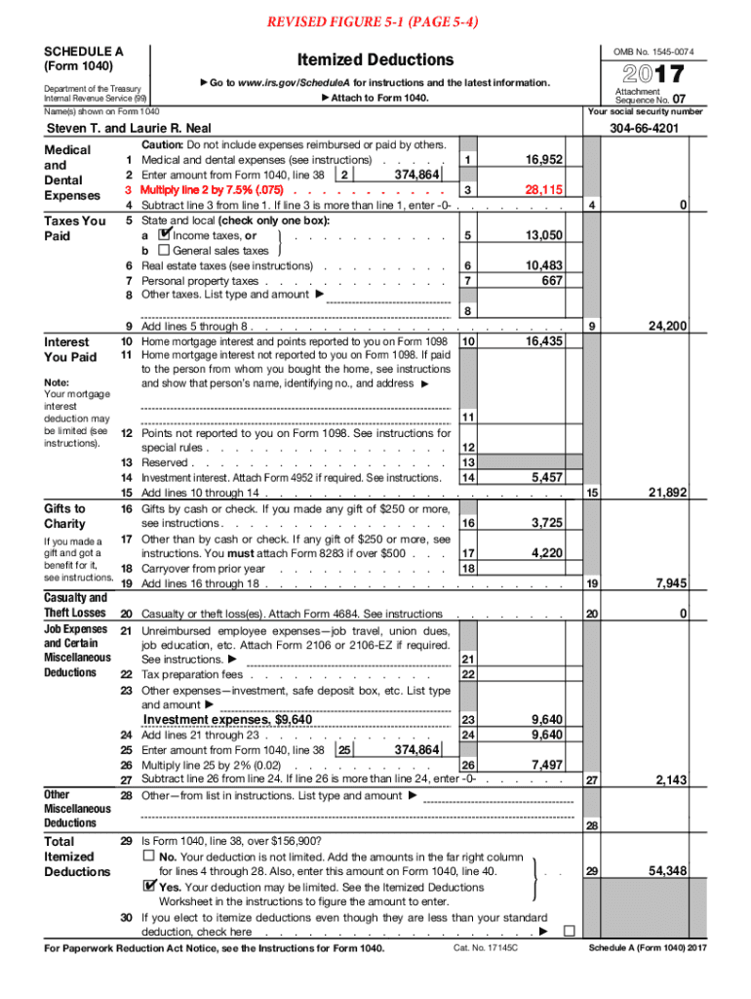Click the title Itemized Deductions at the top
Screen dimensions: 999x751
pyautogui.click(x=375, y=60)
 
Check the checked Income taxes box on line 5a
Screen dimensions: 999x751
pyautogui.click(x=164, y=235)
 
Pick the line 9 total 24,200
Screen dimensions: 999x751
pyautogui.click(x=668, y=326)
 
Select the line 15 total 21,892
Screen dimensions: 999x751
pyautogui.click(x=668, y=493)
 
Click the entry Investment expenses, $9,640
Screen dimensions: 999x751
pyautogui.click(x=228, y=720)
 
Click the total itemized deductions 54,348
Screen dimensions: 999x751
pyautogui.click(x=668, y=870)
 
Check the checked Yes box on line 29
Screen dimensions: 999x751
pyautogui.click(x=148, y=888)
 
